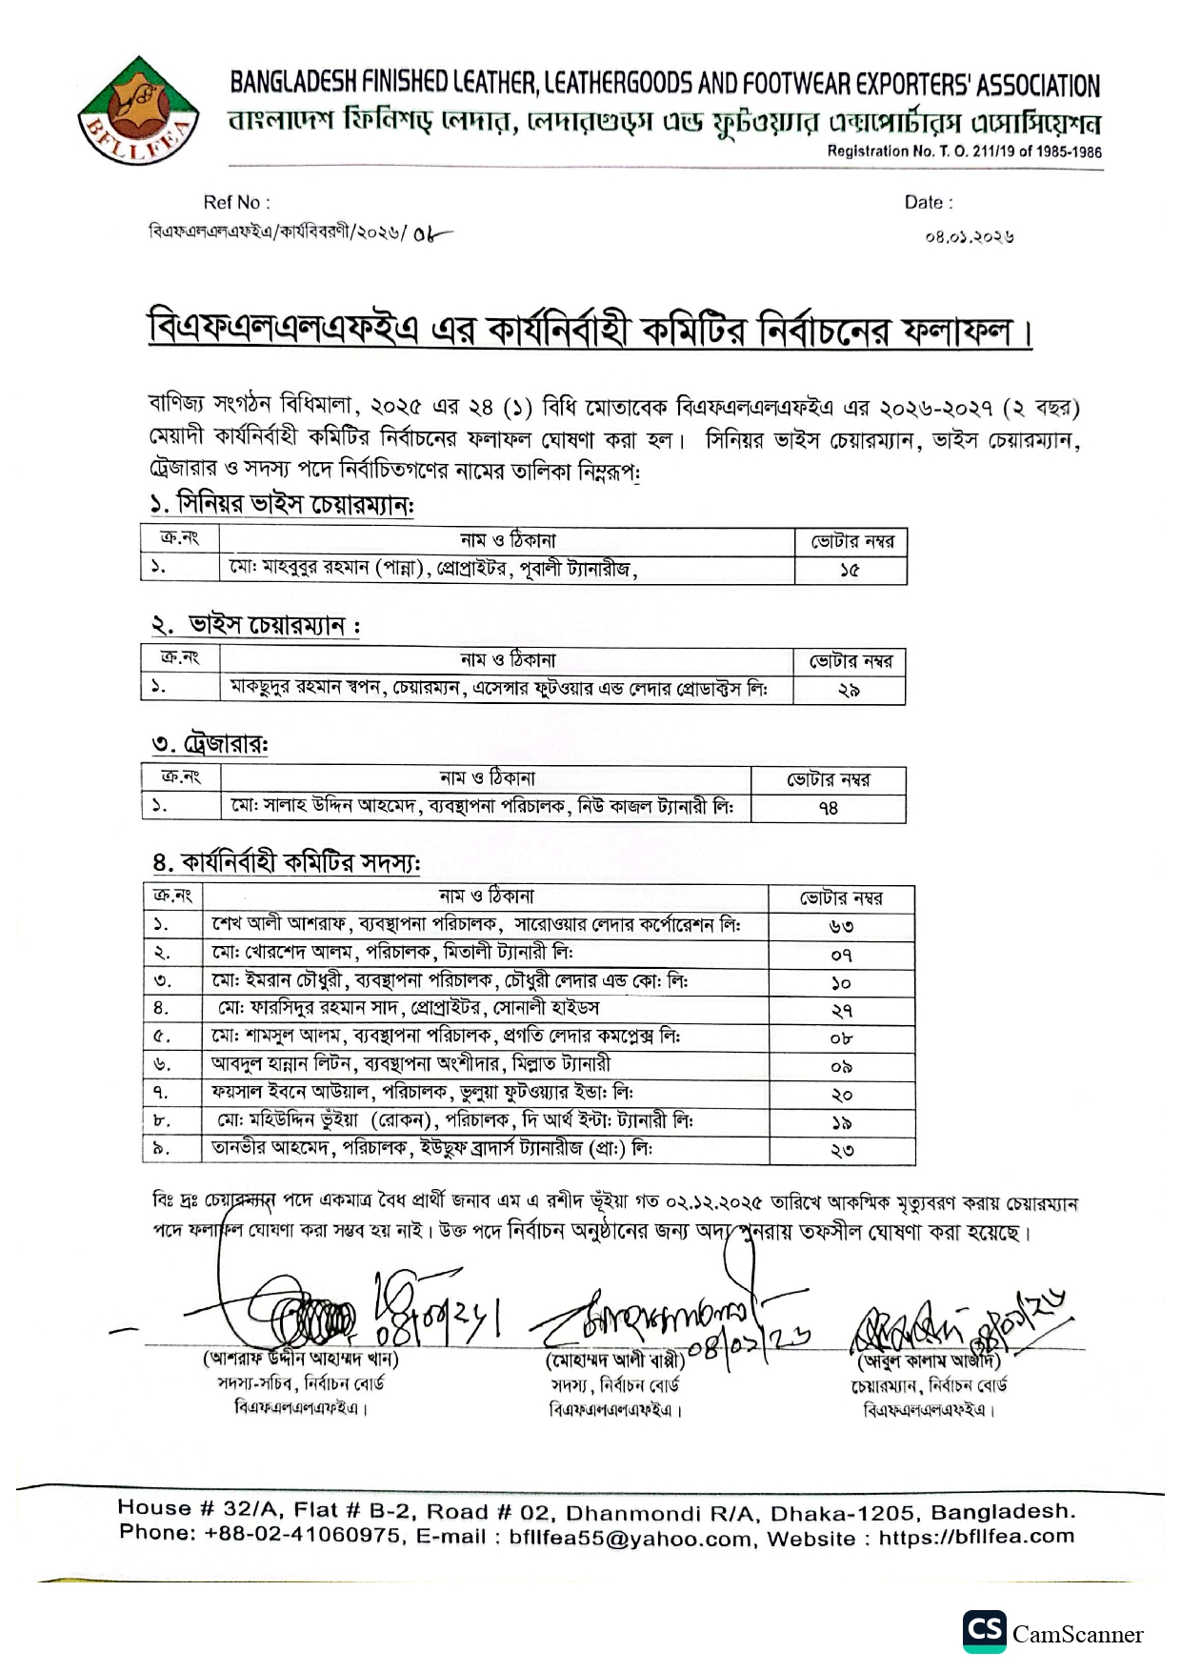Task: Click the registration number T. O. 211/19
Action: click(x=964, y=151)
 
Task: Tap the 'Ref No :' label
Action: click(x=236, y=202)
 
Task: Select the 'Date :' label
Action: click(x=929, y=202)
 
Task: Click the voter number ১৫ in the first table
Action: click(x=850, y=570)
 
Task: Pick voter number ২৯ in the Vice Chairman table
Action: click(x=849, y=690)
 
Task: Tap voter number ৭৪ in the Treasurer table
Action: click(x=828, y=808)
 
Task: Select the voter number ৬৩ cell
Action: click(x=840, y=926)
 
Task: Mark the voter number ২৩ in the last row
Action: click(x=841, y=1150)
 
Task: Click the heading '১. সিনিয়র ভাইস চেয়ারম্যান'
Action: click(x=281, y=504)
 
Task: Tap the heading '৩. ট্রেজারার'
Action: click(x=209, y=744)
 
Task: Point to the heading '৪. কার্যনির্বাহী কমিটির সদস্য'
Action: click(x=286, y=862)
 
